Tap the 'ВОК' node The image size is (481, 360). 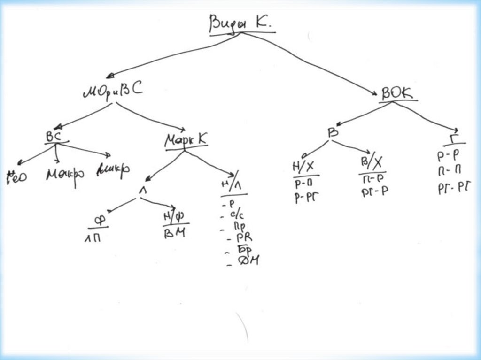pyautogui.click(x=397, y=93)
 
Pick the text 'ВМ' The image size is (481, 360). pyautogui.click(x=174, y=233)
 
